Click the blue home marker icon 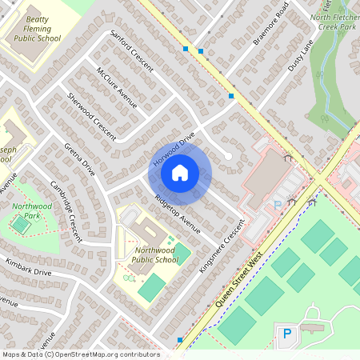(x=180, y=173)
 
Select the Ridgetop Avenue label (x=178, y=212)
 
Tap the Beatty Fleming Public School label (x=33, y=29)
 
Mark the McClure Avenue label (x=117, y=86)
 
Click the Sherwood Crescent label (x=92, y=113)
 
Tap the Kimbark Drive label (x=28, y=267)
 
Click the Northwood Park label (x=26, y=211)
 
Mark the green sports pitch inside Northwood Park (x=20, y=225)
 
